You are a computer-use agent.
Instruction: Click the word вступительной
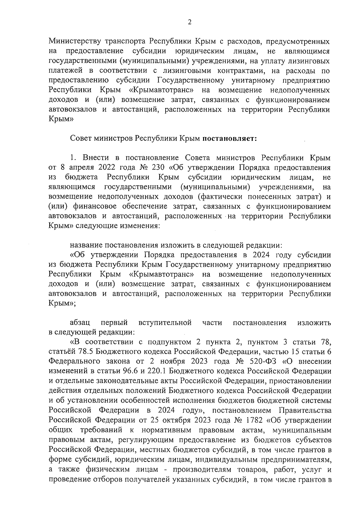[165, 323]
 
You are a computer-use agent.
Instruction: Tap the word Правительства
[305, 410]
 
